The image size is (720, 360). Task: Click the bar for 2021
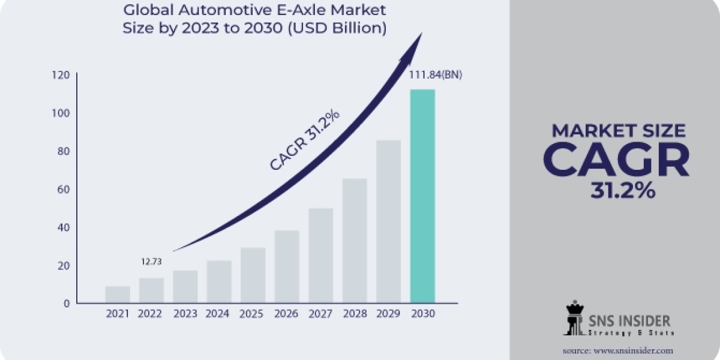[117, 295]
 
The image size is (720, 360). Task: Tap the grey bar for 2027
[320, 256]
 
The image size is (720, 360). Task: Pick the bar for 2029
[388, 221]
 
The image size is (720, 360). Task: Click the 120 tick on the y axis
[61, 75]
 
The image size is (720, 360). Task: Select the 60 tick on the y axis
[63, 190]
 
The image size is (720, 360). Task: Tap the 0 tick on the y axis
[67, 304]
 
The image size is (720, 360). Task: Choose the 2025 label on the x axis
[253, 314]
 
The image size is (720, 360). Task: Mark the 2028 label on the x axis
[355, 314]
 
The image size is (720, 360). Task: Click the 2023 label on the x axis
[185, 314]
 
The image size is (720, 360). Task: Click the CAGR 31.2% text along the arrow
[304, 140]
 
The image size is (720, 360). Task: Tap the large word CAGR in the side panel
[616, 160]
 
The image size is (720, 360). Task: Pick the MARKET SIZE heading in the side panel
[618, 130]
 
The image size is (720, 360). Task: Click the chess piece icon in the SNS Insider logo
[574, 318]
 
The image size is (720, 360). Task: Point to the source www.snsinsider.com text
[617, 350]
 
